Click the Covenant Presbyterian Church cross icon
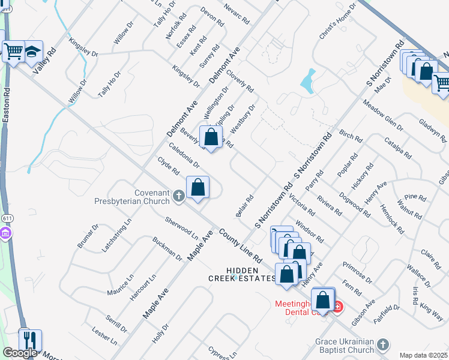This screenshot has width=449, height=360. [x=178, y=196]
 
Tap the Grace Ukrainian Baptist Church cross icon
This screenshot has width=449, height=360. [x=383, y=344]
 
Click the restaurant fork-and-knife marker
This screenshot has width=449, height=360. [x=30, y=340]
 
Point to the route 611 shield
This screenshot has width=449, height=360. [x=6, y=232]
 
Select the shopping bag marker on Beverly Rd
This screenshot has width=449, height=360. [x=211, y=137]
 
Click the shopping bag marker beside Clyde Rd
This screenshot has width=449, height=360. [x=197, y=187]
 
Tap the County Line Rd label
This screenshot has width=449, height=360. [x=240, y=246]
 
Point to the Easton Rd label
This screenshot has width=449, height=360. [x=6, y=107]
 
